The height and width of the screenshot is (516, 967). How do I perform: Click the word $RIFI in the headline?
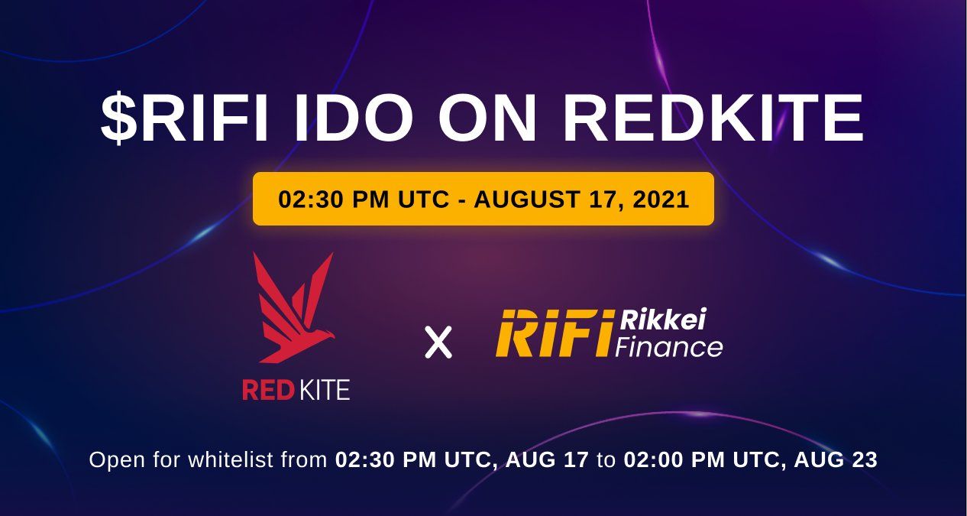coord(184,118)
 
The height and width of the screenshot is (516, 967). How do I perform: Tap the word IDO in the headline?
coord(353,118)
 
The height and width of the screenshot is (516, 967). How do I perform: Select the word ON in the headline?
coord(487,118)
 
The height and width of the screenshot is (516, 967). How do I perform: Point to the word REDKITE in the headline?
coord(713,118)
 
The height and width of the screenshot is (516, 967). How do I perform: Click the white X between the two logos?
coord(438,342)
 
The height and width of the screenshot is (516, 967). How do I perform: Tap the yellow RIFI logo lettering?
coord(555,333)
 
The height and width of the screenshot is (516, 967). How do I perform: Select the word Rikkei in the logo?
coord(663,320)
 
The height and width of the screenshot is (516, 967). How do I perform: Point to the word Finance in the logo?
coord(669,347)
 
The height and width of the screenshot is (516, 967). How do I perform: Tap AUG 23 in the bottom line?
coord(836,459)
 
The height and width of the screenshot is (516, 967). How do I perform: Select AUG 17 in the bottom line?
coord(547,459)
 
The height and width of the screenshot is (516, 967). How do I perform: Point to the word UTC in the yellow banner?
coord(423,200)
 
